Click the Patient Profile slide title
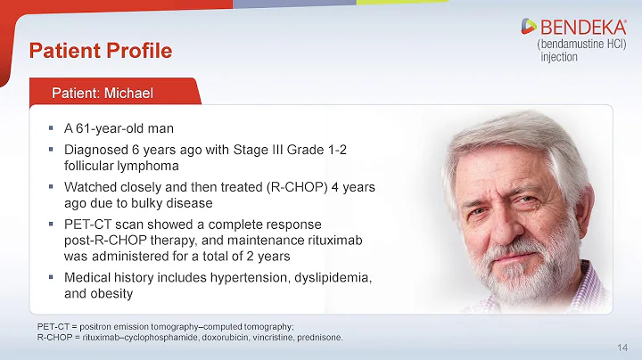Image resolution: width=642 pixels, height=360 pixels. [x=100, y=50]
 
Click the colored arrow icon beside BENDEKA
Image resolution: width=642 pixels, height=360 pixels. [x=529, y=28]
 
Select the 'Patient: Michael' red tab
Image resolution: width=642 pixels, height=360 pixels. [x=103, y=94]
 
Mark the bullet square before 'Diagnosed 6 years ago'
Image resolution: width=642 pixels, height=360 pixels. [x=51, y=149]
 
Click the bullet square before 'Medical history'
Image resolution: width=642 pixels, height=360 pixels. [x=51, y=278]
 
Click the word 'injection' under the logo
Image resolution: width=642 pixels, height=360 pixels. [x=559, y=57]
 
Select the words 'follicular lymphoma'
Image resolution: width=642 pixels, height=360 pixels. [x=121, y=166]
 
